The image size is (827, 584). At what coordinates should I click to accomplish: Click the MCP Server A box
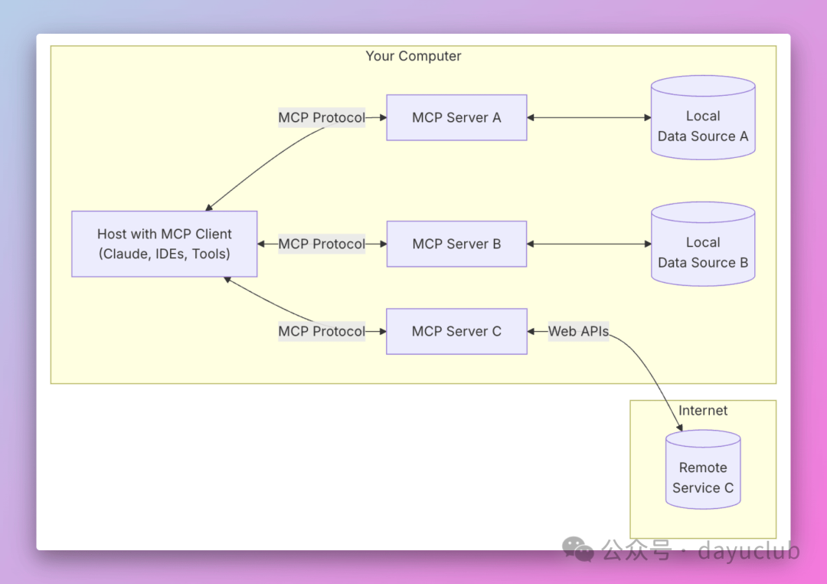click(456, 117)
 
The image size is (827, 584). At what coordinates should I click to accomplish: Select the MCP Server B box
click(456, 244)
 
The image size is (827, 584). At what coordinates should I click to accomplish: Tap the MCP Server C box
click(456, 331)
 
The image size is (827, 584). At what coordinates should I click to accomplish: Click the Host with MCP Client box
click(164, 244)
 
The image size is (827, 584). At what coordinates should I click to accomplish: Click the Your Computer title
click(413, 56)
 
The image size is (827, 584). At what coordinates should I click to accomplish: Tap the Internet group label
click(703, 411)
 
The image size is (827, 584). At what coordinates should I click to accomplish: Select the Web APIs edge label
click(578, 331)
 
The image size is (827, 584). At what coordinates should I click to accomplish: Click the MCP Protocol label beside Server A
click(322, 117)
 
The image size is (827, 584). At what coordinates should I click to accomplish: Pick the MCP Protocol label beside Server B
click(322, 244)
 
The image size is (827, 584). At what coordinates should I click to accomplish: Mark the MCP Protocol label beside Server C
click(322, 331)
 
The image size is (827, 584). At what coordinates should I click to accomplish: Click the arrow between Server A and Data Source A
click(588, 117)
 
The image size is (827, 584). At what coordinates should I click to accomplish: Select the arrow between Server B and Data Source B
click(588, 244)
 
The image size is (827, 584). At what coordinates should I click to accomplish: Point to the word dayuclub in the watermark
click(750, 550)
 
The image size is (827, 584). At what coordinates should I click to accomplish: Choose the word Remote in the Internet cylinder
click(703, 468)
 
